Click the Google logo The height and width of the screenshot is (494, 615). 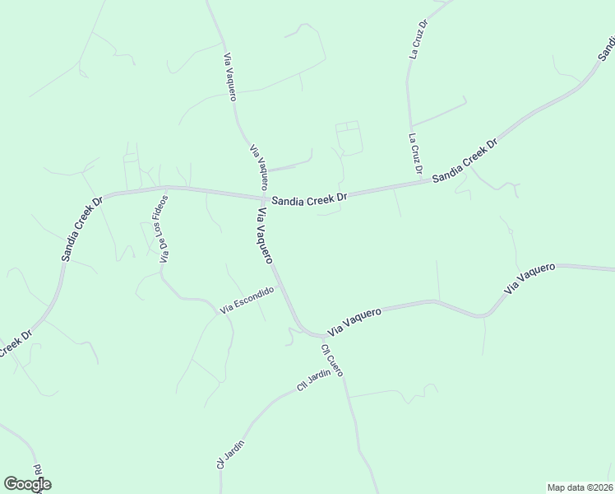pos(27,484)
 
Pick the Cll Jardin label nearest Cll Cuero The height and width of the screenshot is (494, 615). pos(314,380)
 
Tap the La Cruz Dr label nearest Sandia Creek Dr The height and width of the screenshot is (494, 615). pos(415,154)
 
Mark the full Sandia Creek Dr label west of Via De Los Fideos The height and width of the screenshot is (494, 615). pos(82,228)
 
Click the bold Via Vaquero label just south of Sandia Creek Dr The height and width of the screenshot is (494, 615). pos(265,236)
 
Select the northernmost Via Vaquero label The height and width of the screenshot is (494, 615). pos(230,77)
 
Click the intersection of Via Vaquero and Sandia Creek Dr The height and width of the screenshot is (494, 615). pos(263,198)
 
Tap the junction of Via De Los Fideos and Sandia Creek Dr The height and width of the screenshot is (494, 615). pos(169,187)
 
